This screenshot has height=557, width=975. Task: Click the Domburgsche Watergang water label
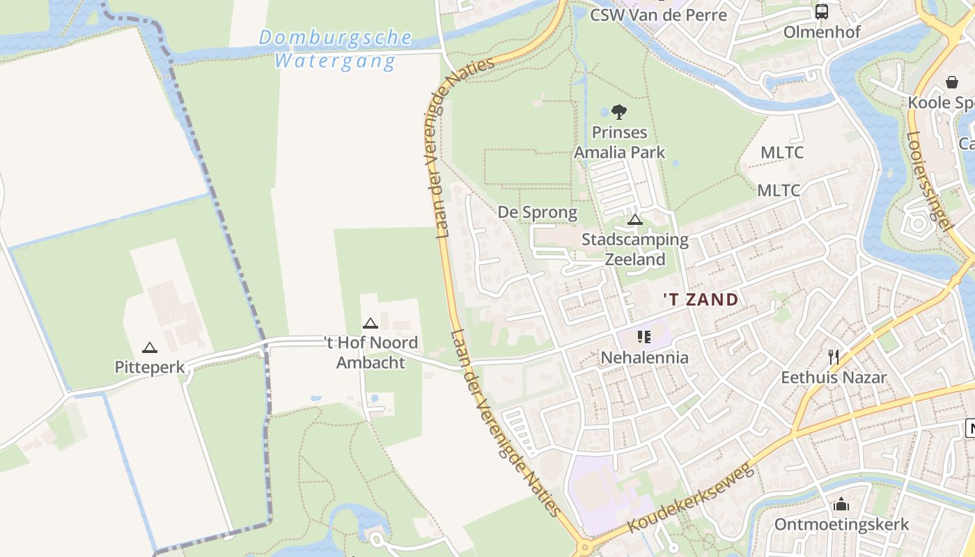pos(335,49)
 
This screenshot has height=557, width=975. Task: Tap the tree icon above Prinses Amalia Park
pos(618,112)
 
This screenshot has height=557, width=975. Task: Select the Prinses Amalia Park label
pos(619,142)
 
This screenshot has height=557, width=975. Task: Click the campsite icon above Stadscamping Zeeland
pos(634,220)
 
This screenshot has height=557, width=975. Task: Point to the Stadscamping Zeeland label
pos(634,249)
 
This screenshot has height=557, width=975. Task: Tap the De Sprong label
pos(537,212)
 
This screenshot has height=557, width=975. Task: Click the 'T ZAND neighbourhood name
pos(700,300)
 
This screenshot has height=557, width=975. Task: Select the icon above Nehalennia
pos(644,338)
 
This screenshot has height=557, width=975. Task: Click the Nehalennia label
pos(644,358)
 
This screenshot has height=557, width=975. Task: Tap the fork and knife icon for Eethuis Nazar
pos(833,357)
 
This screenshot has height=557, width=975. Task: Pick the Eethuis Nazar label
pos(833,377)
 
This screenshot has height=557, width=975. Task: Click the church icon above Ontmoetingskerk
pos(841,504)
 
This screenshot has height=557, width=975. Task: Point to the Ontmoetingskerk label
pos(841,524)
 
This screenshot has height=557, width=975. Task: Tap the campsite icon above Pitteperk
pos(150,347)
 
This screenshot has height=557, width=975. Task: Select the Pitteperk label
pos(150,367)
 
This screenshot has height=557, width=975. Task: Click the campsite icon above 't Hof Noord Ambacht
pos(370,323)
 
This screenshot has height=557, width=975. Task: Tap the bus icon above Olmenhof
pos(822,12)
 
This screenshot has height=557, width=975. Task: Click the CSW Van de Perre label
pos(658,15)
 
